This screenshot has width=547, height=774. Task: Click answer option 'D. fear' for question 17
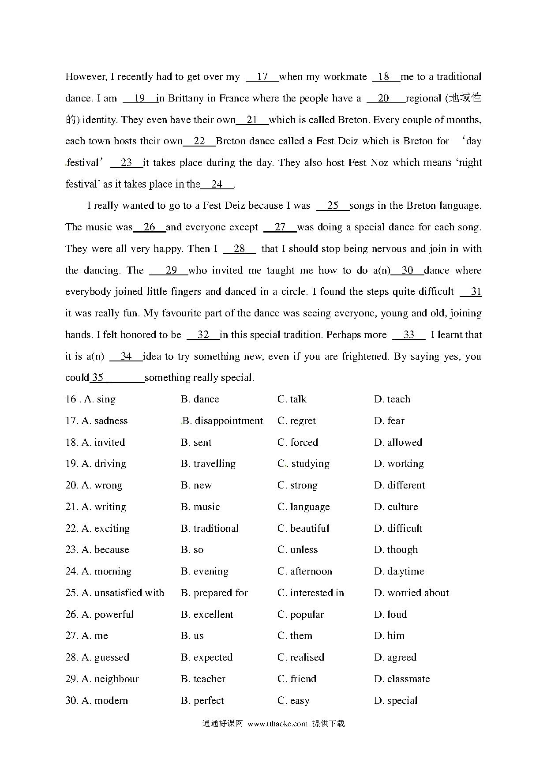click(x=389, y=421)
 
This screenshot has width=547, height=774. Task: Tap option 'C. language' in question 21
click(x=303, y=507)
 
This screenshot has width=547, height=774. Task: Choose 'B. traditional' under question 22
click(x=210, y=529)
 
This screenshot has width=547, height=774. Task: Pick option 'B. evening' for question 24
click(x=205, y=571)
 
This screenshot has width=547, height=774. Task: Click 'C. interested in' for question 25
click(x=311, y=593)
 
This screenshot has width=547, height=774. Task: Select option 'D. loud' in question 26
click(x=390, y=615)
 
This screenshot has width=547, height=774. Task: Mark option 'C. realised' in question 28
click(x=301, y=658)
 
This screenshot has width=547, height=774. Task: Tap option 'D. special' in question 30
click(x=396, y=701)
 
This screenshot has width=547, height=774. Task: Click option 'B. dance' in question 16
click(x=200, y=399)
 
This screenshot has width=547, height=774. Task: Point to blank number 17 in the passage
click(x=262, y=77)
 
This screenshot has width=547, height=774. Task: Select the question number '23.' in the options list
click(x=71, y=550)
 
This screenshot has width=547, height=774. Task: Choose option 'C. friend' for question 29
click(x=297, y=679)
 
